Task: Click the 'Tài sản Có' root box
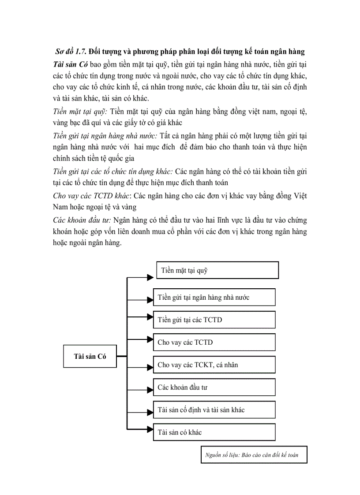(x=90, y=356)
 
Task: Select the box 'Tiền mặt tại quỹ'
(x=217, y=270)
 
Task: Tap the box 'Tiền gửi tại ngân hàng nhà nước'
(x=214, y=297)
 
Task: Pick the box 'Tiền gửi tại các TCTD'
(x=214, y=320)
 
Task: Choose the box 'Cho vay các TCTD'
(x=214, y=342)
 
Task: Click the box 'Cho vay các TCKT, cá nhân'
(x=214, y=365)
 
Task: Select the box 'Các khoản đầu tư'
(x=214, y=387)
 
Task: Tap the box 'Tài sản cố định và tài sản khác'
(x=214, y=409)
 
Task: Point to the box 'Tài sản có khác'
(x=214, y=432)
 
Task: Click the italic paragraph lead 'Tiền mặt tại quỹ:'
(x=80, y=112)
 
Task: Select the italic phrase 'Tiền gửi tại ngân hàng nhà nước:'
(x=108, y=137)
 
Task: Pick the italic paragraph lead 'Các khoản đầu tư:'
(x=82, y=220)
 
